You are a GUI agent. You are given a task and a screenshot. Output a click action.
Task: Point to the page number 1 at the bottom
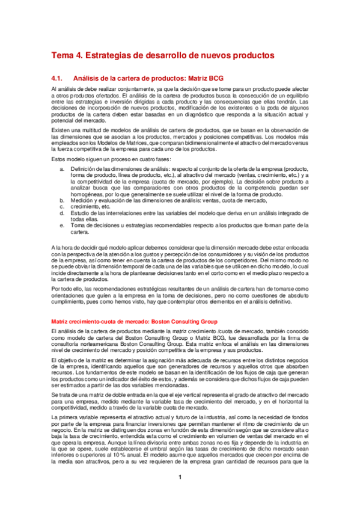coord(180,478)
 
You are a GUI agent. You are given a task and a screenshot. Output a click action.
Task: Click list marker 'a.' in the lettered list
coord(63,170)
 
